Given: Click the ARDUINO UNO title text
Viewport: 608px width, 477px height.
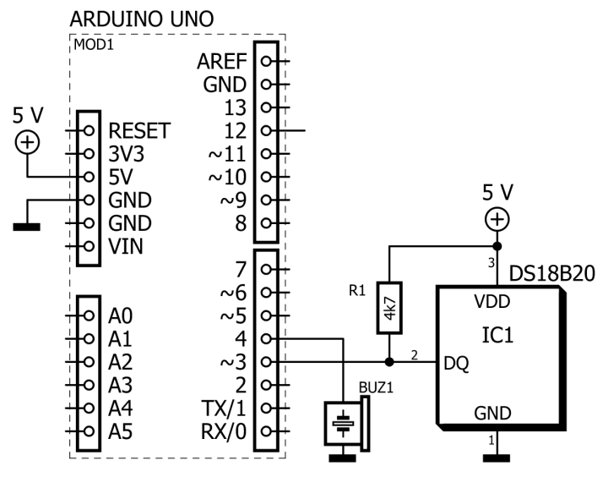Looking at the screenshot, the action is point(142,19).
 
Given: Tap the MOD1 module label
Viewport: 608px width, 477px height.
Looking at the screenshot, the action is point(94,45).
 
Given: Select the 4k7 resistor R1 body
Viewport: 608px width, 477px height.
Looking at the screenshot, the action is point(389,308).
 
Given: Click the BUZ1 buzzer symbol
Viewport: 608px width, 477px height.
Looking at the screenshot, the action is point(347,424).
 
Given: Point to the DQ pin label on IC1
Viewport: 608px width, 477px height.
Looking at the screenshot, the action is point(456,363).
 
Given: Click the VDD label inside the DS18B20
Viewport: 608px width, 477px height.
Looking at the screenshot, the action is point(491,301).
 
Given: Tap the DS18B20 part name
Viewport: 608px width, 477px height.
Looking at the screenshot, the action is point(551,273).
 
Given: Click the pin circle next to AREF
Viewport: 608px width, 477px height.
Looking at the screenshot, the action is point(266,61).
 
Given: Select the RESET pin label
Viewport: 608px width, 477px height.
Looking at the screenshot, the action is point(139,130).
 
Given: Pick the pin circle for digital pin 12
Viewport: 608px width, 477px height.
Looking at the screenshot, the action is point(266,130).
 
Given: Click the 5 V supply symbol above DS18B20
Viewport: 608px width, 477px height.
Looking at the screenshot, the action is point(497,220).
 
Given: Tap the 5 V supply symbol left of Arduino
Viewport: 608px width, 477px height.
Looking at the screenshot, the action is point(27,143).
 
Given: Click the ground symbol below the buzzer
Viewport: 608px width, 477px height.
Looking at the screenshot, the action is point(342,458).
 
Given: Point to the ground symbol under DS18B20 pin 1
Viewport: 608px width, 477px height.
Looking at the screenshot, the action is point(497,458).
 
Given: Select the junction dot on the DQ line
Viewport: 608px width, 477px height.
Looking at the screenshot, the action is point(389,362).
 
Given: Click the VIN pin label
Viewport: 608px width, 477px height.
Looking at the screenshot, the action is point(126,246).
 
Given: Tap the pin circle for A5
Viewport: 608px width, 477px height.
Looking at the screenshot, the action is point(89,431).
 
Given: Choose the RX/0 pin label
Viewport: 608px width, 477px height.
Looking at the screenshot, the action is point(223,431).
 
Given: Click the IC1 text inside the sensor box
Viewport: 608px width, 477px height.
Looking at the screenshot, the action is point(497,335).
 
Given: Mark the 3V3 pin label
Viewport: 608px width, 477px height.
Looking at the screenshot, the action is point(127,154).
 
